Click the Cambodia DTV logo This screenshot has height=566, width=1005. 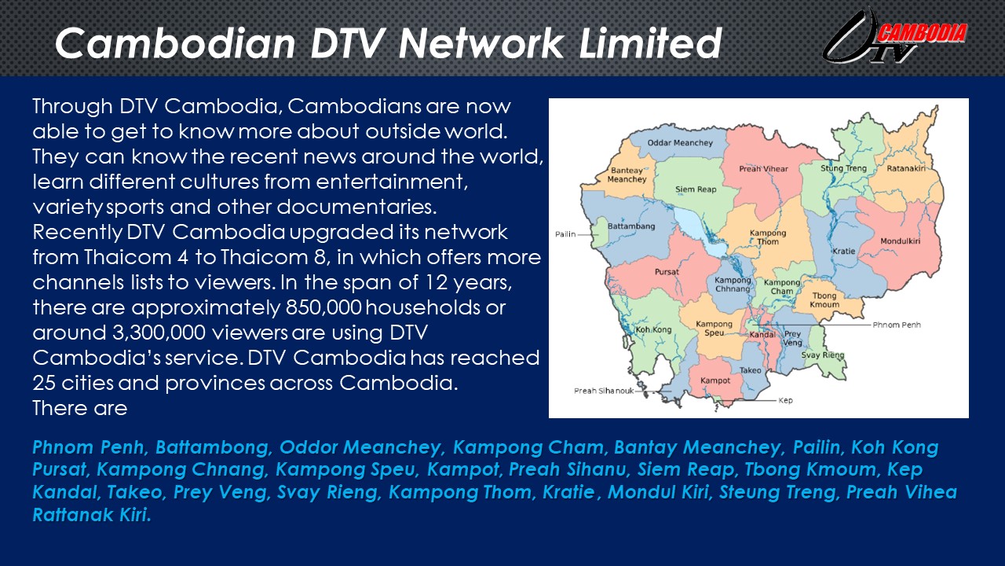(894, 37)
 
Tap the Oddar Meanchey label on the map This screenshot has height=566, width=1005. (680, 143)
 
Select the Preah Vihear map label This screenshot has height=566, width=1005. (763, 169)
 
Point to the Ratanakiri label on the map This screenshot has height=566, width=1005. (906, 168)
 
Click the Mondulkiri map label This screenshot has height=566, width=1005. (900, 241)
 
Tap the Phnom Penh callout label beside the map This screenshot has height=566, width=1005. (897, 325)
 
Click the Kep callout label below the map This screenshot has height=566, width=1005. (785, 400)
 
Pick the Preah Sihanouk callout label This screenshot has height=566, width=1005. (604, 391)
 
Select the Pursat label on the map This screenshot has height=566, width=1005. (667, 272)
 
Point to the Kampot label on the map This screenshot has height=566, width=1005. (715, 381)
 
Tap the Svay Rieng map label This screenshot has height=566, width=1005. (823, 355)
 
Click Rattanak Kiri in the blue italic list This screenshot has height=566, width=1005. (92, 515)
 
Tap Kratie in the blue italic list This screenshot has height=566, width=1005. (568, 492)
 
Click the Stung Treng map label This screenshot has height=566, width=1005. (843, 168)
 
